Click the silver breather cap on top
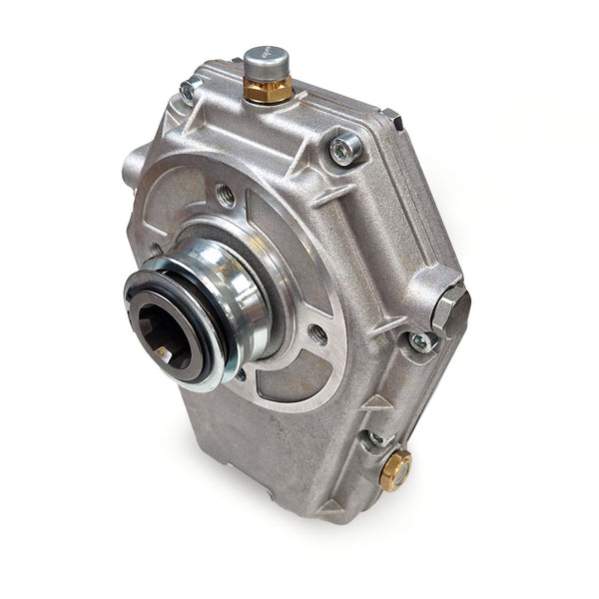click(x=267, y=62)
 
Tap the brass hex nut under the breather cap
click(x=268, y=91)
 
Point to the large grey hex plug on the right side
click(x=450, y=309)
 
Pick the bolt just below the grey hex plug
click(x=421, y=341)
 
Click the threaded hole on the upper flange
click(x=226, y=196)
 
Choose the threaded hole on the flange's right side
click(x=317, y=333)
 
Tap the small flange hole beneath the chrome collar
click(x=240, y=374)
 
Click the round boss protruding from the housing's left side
click(x=134, y=165)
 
